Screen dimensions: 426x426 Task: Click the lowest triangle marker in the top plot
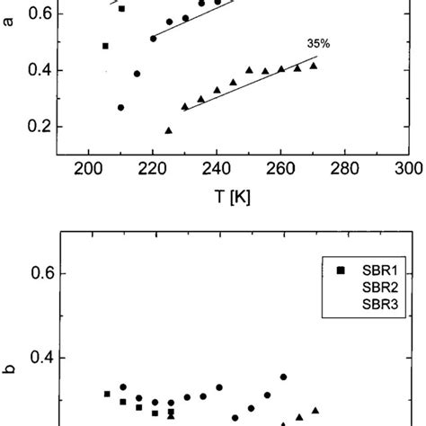168,130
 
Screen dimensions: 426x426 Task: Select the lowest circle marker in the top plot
120,107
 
